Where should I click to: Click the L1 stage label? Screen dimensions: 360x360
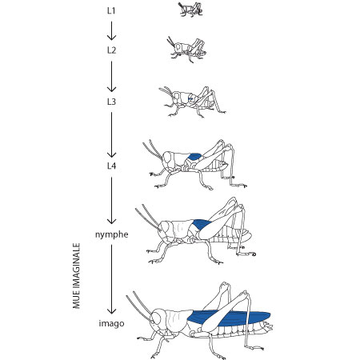pyautogui.click(x=111, y=11)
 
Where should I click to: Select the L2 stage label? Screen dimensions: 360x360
pyautogui.click(x=111, y=50)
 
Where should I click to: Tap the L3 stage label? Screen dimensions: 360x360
pyautogui.click(x=111, y=102)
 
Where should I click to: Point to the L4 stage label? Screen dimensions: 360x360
pyautogui.click(x=111, y=166)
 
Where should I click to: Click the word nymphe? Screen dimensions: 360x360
pyautogui.click(x=112, y=234)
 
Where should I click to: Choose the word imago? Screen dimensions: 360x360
pyautogui.click(x=111, y=323)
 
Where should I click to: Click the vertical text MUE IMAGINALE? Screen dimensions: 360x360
pyautogui.click(x=77, y=276)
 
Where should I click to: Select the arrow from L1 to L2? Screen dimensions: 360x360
pyautogui.click(x=111, y=30)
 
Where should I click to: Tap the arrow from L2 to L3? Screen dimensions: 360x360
pyautogui.click(x=111, y=77)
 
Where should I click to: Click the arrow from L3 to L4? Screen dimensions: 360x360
pyautogui.click(x=111, y=135)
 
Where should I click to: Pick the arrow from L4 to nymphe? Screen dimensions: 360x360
pyautogui.click(x=111, y=201)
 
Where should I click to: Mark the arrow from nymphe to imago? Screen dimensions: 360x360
pyautogui.click(x=111, y=279)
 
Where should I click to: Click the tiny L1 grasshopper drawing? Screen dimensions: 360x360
pyautogui.click(x=190, y=10)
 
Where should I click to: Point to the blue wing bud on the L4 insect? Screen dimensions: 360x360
pyautogui.click(x=194, y=157)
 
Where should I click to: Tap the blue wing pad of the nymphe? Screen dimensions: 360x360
pyautogui.click(x=202, y=224)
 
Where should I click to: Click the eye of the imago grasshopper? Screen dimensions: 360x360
pyautogui.click(x=157, y=317)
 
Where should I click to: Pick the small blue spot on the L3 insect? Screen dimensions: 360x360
pyautogui.click(x=190, y=99)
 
